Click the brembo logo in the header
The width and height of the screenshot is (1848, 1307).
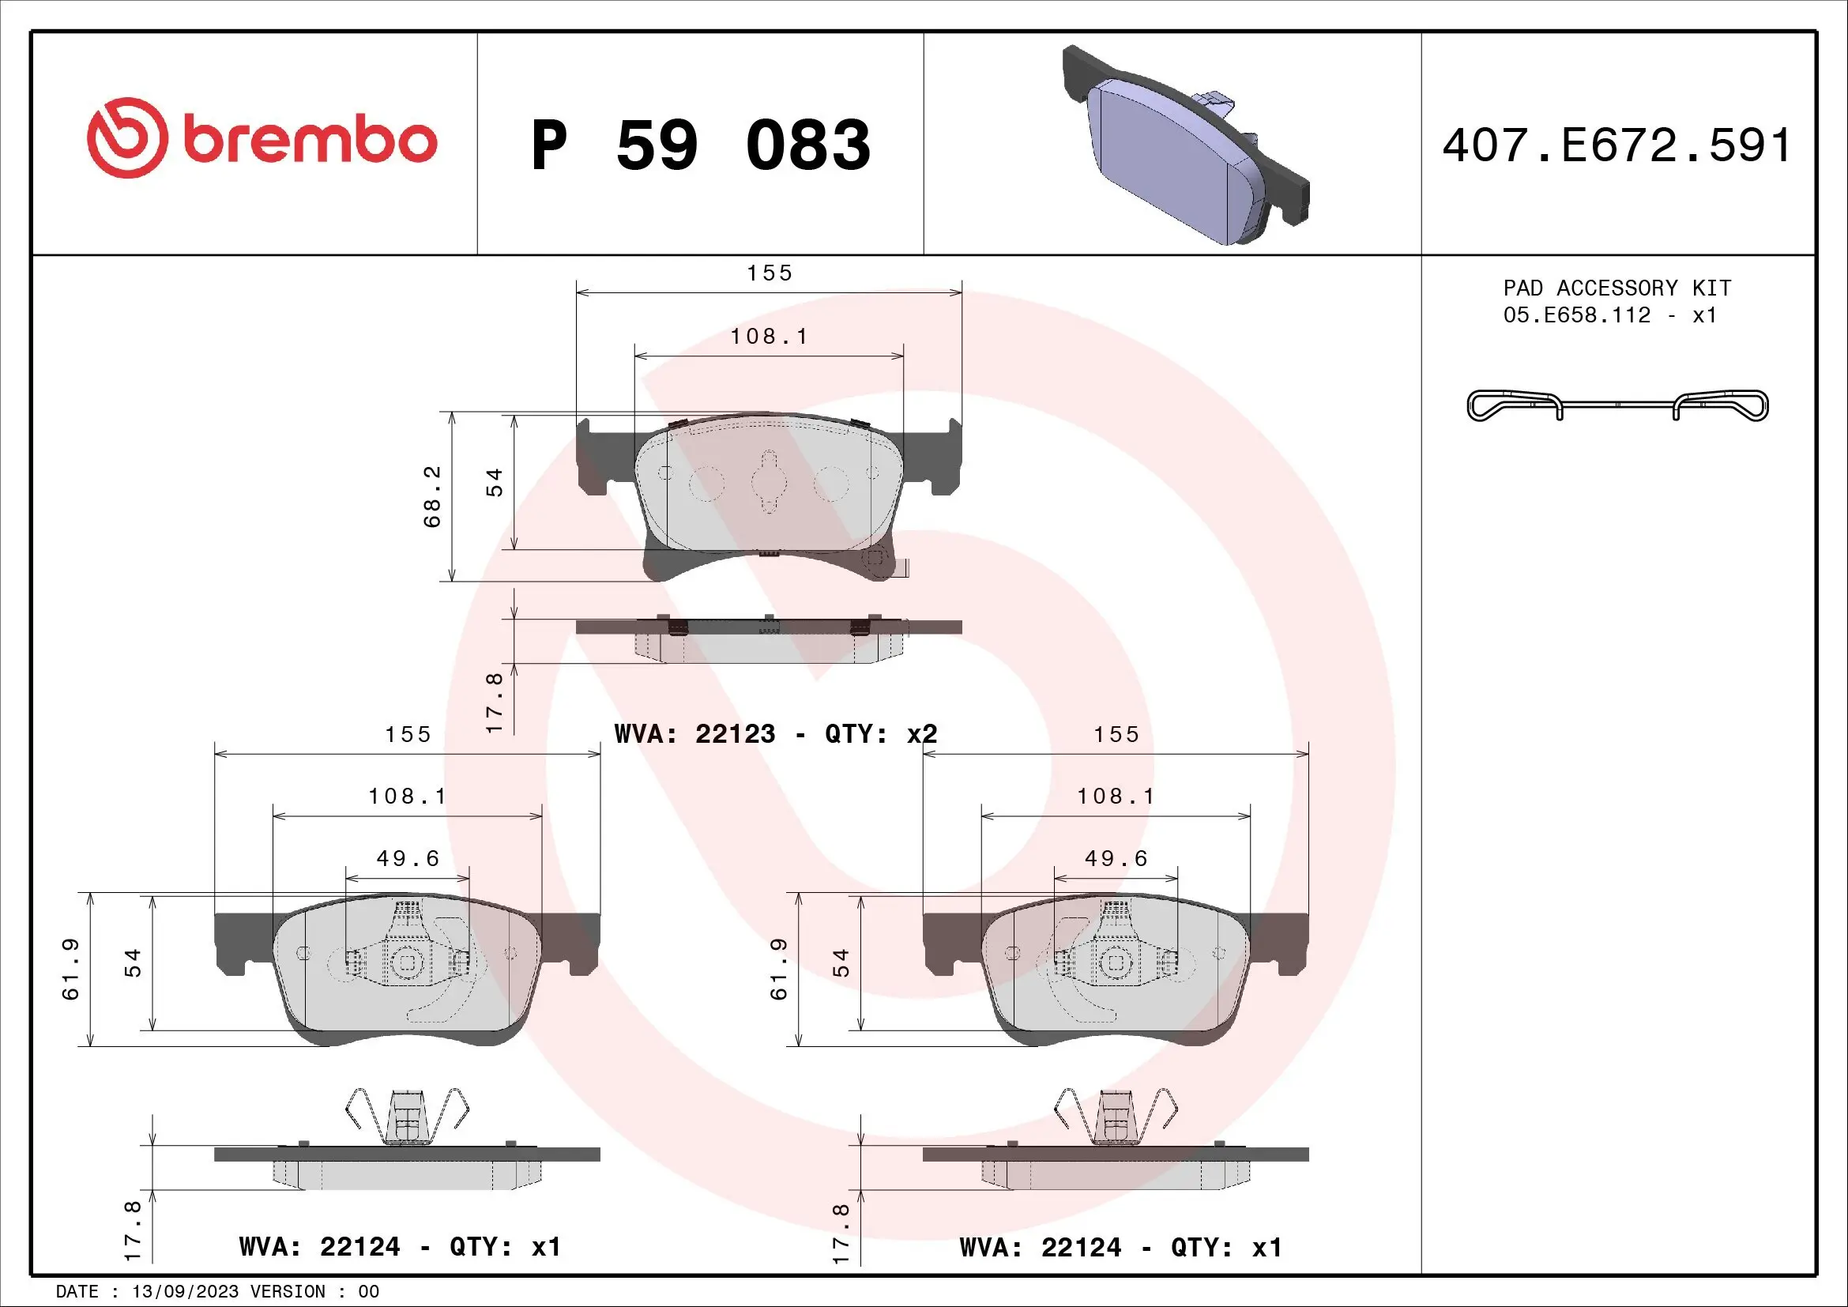[262, 138]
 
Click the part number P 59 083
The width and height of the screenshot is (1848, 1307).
[700, 145]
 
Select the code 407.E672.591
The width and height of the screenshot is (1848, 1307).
[1617, 145]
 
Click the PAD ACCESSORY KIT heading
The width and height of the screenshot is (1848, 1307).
[1617, 288]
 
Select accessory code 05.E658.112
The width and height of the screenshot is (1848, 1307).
[1577, 315]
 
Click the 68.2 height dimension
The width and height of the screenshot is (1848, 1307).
[432, 496]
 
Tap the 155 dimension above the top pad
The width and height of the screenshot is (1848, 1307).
[770, 273]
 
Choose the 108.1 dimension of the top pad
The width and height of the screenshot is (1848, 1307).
[770, 337]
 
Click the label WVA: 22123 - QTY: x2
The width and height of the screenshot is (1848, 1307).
[775, 734]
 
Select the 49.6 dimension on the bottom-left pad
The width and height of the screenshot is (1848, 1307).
[408, 859]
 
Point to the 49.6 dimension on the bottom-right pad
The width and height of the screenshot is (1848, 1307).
[1116, 859]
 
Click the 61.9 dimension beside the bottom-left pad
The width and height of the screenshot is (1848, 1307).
[71, 968]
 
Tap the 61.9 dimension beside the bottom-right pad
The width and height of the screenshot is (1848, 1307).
[778, 968]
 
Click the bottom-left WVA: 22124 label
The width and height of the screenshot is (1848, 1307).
[399, 1247]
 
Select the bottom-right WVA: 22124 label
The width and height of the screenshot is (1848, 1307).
[1120, 1248]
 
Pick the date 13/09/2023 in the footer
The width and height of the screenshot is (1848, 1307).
[185, 1292]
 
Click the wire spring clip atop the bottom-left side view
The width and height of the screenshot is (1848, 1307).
[407, 1115]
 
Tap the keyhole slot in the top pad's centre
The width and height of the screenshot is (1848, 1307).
[769, 481]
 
